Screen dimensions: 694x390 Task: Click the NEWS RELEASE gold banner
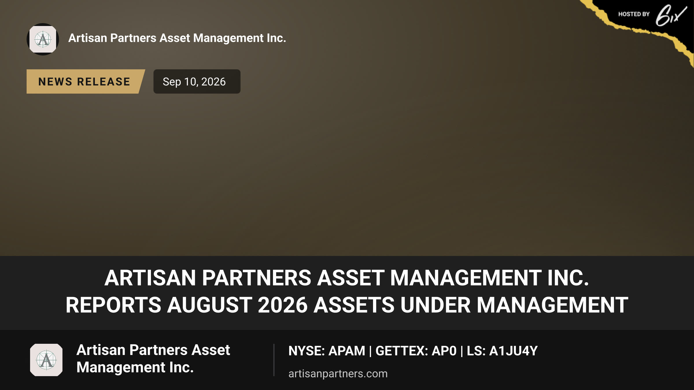(85, 81)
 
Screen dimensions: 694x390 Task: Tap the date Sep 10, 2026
(194, 82)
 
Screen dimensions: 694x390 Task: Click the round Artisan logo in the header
(43, 39)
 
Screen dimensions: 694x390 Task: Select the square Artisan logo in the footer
(46, 360)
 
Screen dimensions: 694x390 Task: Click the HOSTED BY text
(634, 14)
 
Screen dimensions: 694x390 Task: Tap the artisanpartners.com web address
(338, 374)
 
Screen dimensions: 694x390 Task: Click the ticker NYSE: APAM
(327, 351)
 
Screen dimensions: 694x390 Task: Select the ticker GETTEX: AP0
(416, 351)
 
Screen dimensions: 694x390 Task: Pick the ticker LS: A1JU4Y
(502, 351)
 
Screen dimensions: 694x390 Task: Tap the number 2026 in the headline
(283, 305)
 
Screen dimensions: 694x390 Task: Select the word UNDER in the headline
(435, 305)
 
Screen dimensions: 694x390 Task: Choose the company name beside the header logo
(177, 38)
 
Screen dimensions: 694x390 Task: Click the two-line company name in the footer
(153, 359)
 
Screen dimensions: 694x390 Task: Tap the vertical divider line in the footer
(274, 360)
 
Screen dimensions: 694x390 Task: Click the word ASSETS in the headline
(354, 305)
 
